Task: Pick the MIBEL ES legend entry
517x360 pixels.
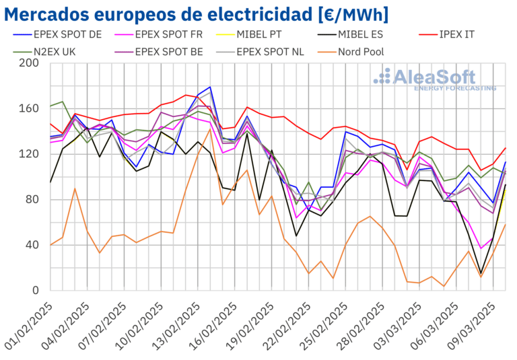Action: (368, 35)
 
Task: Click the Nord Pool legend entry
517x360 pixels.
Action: (364, 50)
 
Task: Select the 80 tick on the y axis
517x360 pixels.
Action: (32, 200)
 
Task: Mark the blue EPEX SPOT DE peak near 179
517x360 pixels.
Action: (210, 87)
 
